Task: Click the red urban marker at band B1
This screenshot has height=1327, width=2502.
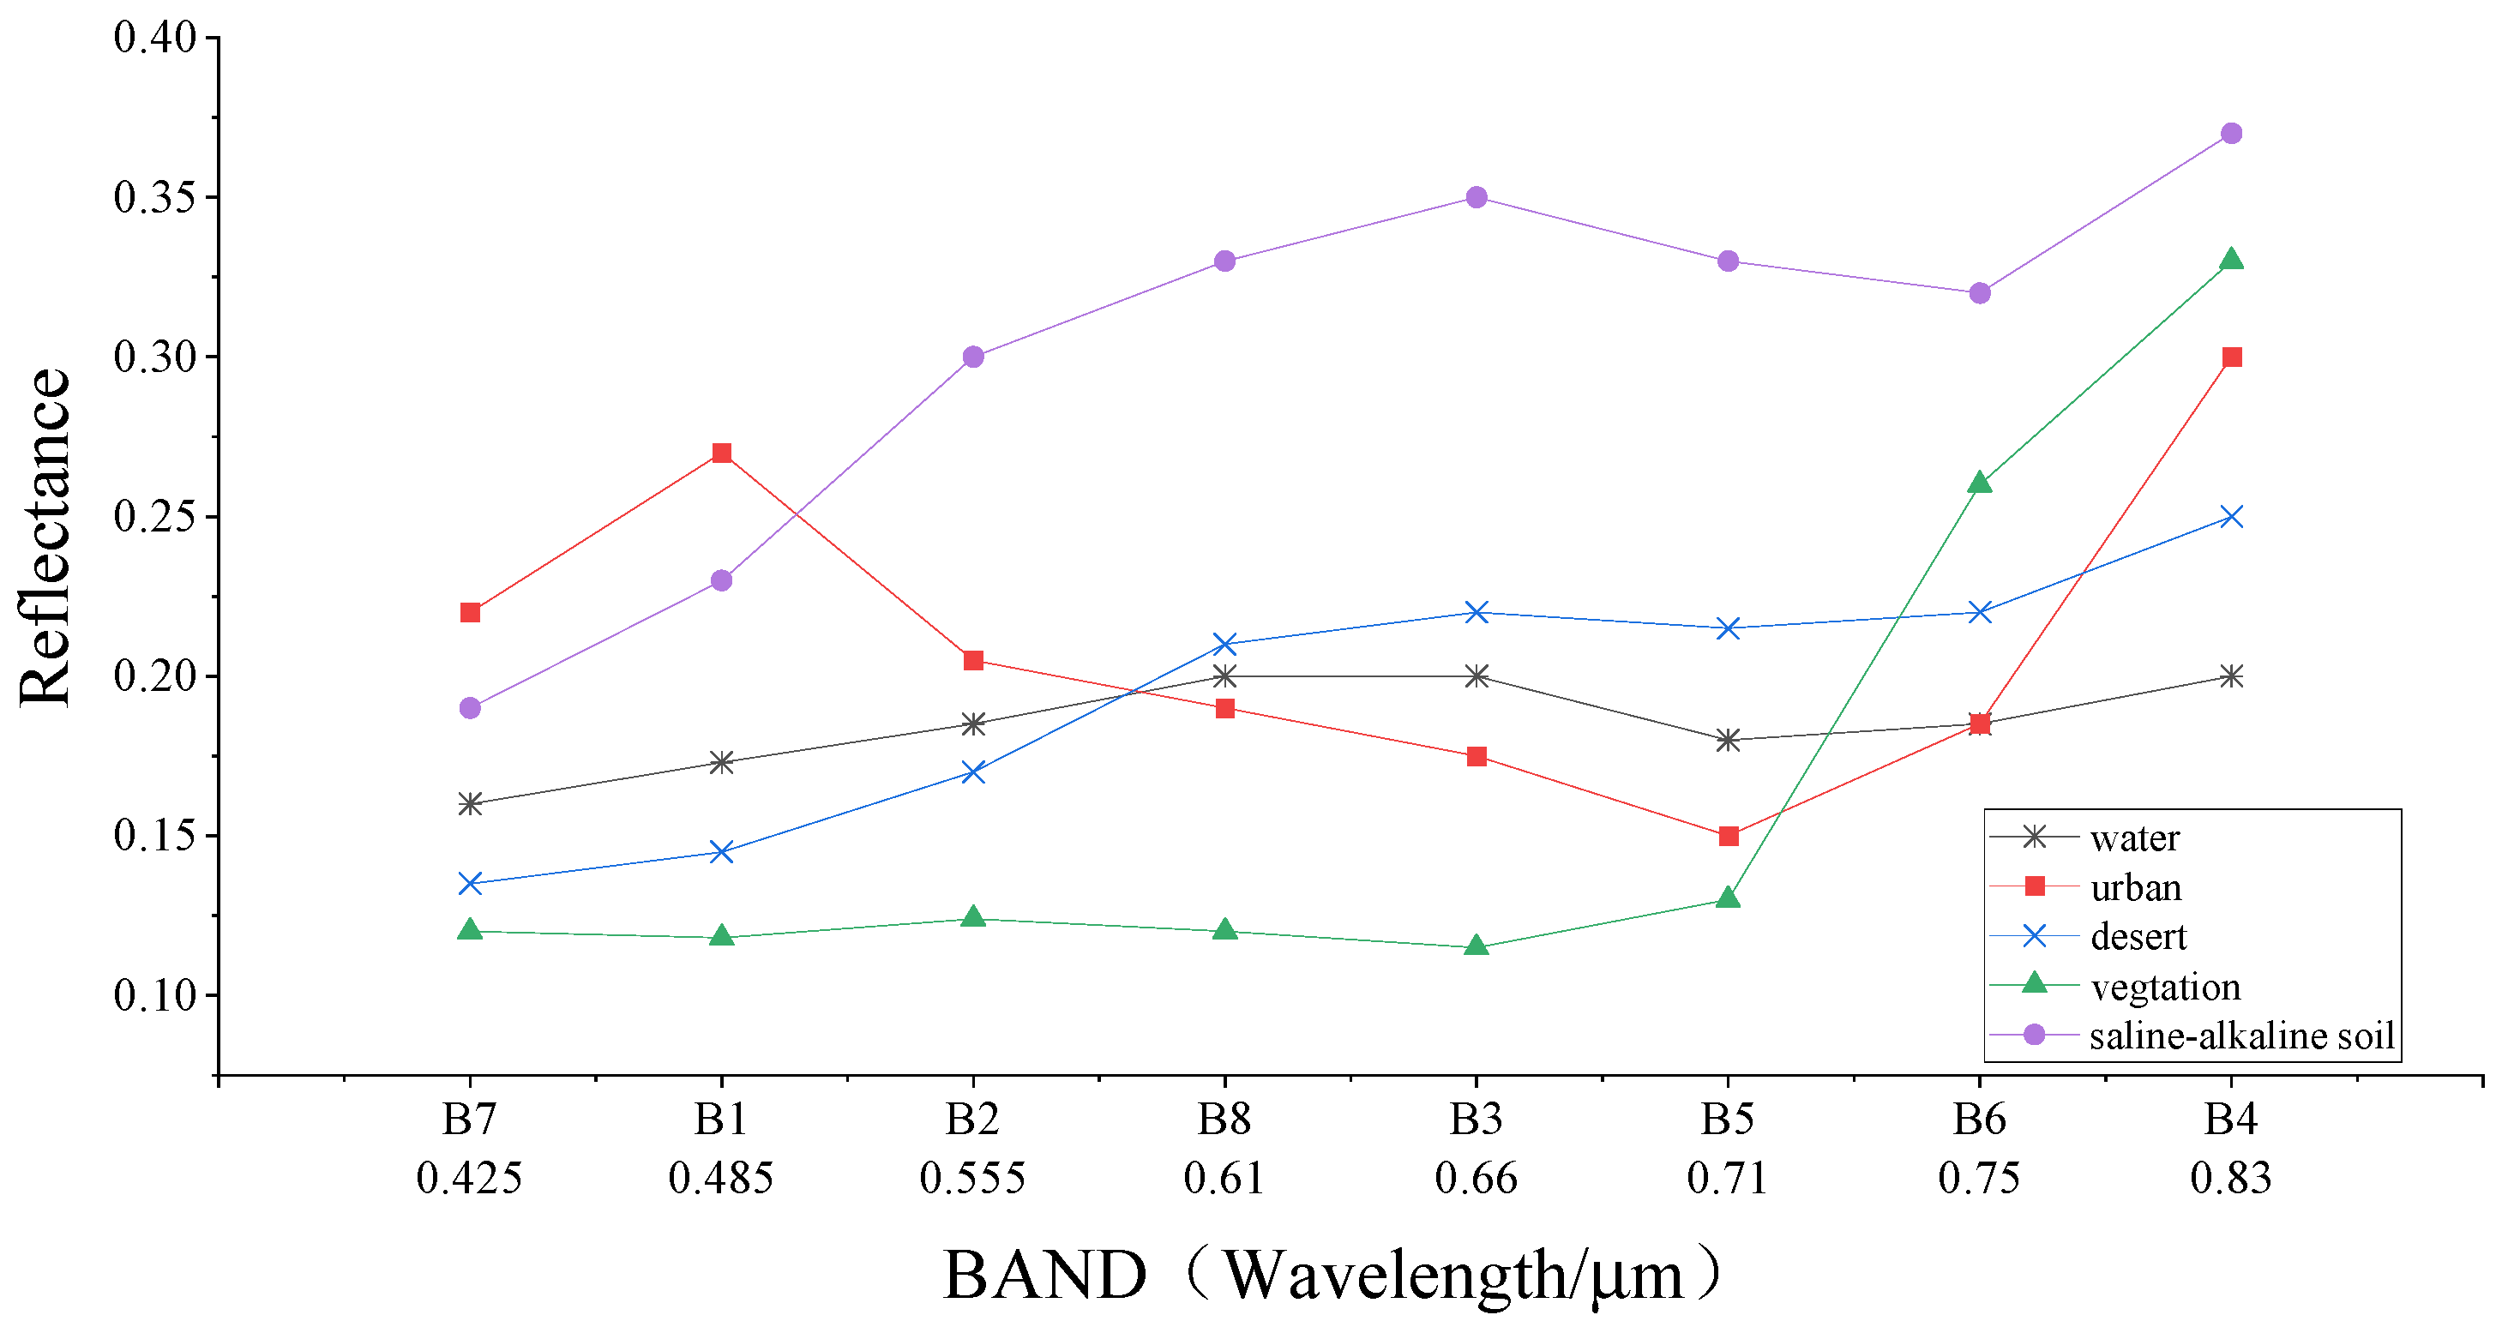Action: (722, 453)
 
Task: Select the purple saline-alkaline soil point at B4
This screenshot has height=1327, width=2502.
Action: (2231, 133)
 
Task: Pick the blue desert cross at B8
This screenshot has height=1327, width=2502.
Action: (1224, 645)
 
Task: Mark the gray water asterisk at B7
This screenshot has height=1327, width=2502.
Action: (470, 804)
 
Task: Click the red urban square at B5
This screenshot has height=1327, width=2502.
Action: (1728, 836)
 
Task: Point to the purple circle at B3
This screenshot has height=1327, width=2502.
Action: (1477, 197)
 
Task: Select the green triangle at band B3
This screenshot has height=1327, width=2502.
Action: (1477, 946)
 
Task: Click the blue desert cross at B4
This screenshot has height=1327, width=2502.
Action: (2231, 516)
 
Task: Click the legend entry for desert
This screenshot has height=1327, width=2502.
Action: (2138, 937)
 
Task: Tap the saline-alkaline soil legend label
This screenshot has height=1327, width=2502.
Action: (2241, 1036)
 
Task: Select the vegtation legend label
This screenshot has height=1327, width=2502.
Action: (2165, 987)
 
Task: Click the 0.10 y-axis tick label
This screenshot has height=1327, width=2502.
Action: (154, 995)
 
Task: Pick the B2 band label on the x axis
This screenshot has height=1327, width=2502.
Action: (973, 1120)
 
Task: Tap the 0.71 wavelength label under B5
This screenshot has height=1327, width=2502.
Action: (1728, 1179)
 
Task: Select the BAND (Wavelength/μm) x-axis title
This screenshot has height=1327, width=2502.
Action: (1331, 1275)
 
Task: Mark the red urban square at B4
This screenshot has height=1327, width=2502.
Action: (2231, 357)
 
